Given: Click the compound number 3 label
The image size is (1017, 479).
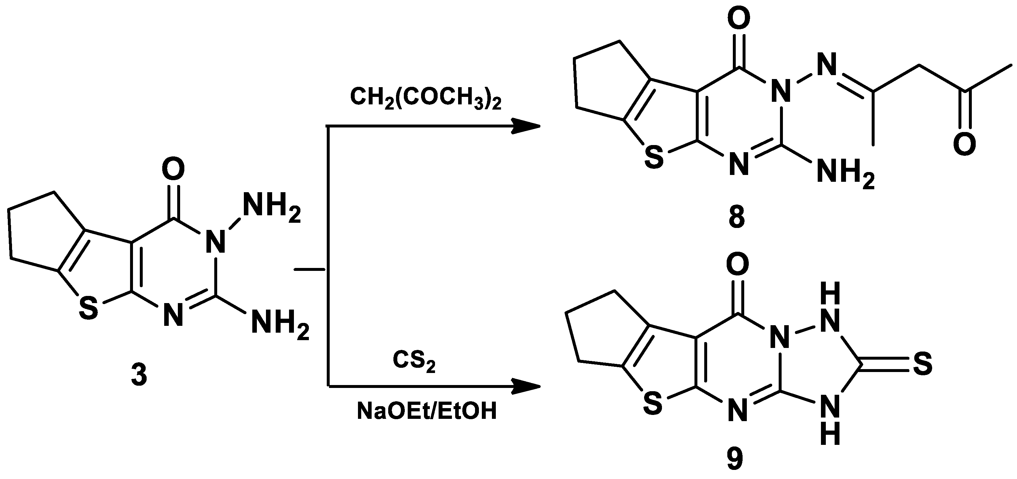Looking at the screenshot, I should click(139, 375).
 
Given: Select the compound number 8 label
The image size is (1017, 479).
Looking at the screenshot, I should click(736, 217).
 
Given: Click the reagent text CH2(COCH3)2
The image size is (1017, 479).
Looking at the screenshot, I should click(425, 99).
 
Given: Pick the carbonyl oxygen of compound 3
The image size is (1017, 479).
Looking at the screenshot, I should click(173, 169).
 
